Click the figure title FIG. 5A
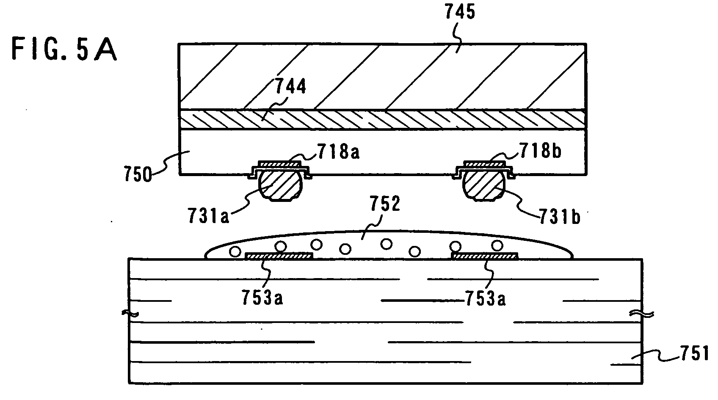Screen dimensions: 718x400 pos(64,49)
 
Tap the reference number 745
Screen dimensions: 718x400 pos(460,12)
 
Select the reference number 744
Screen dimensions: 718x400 pos(291,86)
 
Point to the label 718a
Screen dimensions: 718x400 pos(339,151)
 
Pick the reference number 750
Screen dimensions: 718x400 pos(138,175)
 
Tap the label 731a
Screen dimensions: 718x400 pos(209,215)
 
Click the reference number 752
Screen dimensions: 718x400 pos(385,204)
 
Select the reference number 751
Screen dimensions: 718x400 pos(694,353)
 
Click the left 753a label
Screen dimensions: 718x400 pos(262,298)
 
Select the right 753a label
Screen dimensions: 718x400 pos(485,298)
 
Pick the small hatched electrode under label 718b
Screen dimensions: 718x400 pos(484,164)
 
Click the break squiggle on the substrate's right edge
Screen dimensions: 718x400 pos(641,314)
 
